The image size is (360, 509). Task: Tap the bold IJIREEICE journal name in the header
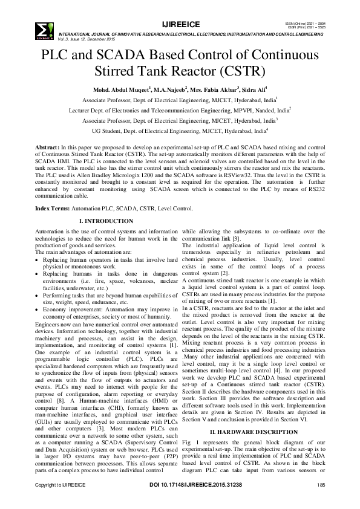[x=180, y=24]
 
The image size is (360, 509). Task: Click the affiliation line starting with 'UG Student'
[x=179, y=130]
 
